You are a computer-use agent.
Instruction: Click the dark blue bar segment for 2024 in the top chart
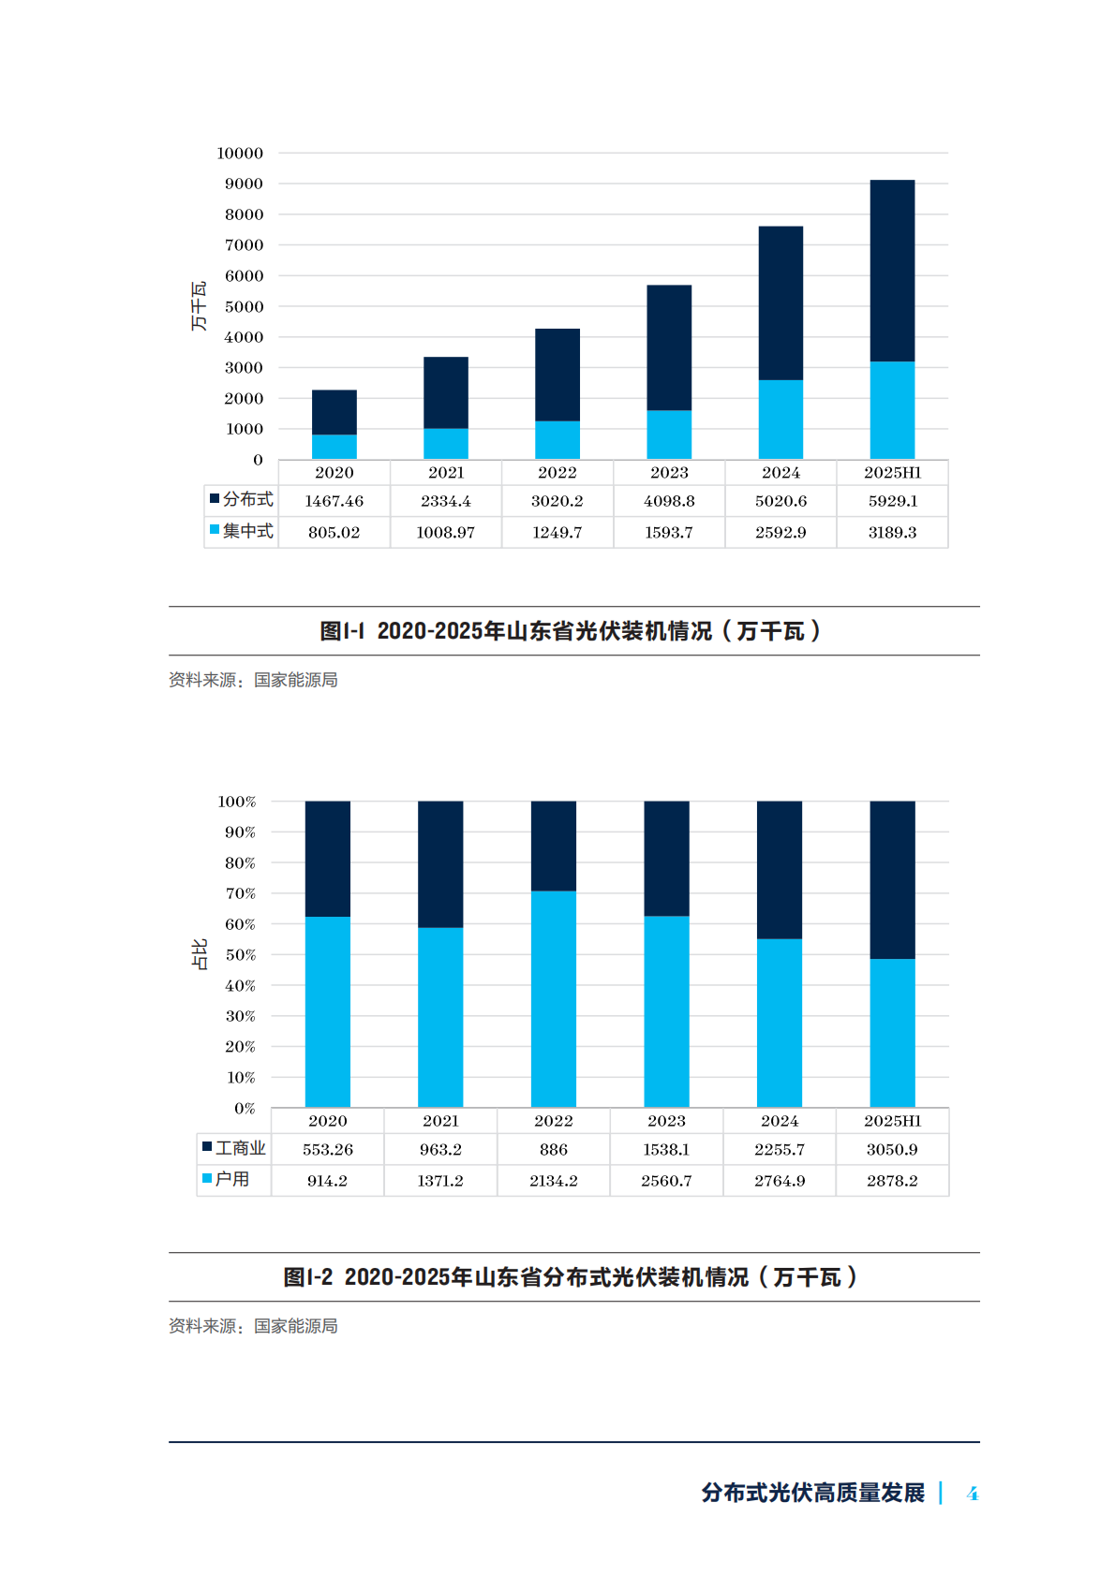point(780,302)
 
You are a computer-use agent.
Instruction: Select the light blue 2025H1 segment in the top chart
point(892,410)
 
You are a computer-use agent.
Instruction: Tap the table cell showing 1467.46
point(334,501)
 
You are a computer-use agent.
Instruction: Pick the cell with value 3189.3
point(892,533)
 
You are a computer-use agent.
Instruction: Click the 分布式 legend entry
point(242,499)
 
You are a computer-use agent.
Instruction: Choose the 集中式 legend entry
point(242,531)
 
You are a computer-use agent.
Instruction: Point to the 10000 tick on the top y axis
point(240,154)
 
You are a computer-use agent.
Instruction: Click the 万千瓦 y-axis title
point(199,306)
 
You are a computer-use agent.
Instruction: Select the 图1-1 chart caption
point(571,631)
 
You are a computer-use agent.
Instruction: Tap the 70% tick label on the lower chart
point(240,894)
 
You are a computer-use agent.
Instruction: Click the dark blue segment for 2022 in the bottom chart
point(554,846)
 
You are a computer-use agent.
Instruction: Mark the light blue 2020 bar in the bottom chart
point(328,1011)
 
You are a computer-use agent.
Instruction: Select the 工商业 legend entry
point(234,1148)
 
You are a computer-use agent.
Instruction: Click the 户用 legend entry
point(227,1180)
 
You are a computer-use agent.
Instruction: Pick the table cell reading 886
point(554,1150)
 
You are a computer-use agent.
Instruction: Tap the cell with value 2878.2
point(892,1182)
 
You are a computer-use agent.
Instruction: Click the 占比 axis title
point(199,954)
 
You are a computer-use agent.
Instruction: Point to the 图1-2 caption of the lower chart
point(571,1277)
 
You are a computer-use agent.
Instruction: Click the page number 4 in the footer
point(973,1494)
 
